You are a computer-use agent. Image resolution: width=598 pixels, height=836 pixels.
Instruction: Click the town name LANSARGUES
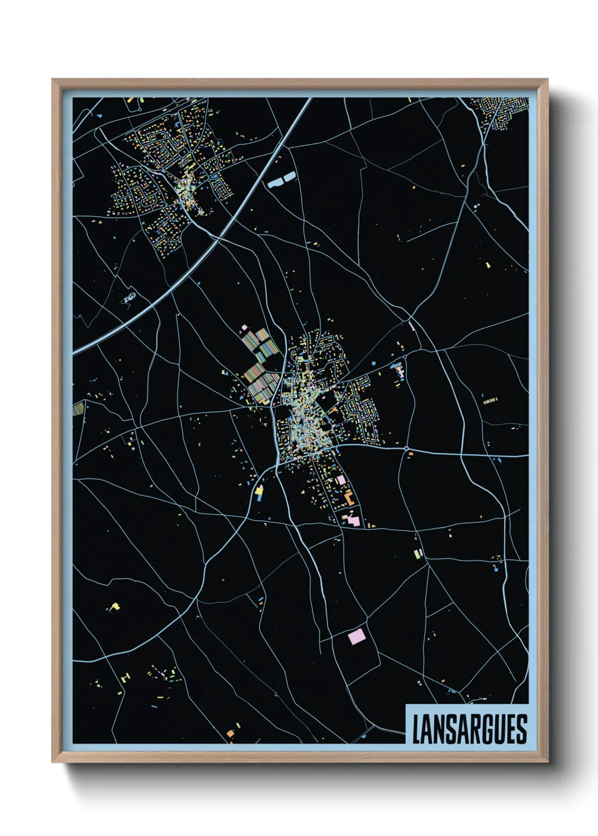(x=469, y=729)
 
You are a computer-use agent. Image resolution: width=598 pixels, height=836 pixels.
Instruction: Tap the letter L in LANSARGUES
(x=417, y=730)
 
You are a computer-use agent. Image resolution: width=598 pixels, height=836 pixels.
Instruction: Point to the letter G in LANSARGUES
(x=489, y=730)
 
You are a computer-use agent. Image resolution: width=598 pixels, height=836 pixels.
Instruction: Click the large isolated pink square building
(x=357, y=637)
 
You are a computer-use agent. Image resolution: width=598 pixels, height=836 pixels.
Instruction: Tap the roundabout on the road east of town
(x=407, y=449)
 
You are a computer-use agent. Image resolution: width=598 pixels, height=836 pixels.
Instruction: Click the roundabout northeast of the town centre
(x=405, y=357)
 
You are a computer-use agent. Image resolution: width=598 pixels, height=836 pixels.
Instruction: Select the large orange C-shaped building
(x=349, y=498)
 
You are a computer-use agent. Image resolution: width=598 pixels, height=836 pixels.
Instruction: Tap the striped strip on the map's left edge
(x=78, y=408)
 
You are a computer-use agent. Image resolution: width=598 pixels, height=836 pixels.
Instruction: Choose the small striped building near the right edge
(x=490, y=401)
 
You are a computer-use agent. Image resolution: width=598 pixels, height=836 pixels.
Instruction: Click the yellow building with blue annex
(x=259, y=493)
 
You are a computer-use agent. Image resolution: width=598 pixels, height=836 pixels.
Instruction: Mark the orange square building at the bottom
(x=231, y=733)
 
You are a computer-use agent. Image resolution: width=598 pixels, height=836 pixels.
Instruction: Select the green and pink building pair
(x=418, y=552)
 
